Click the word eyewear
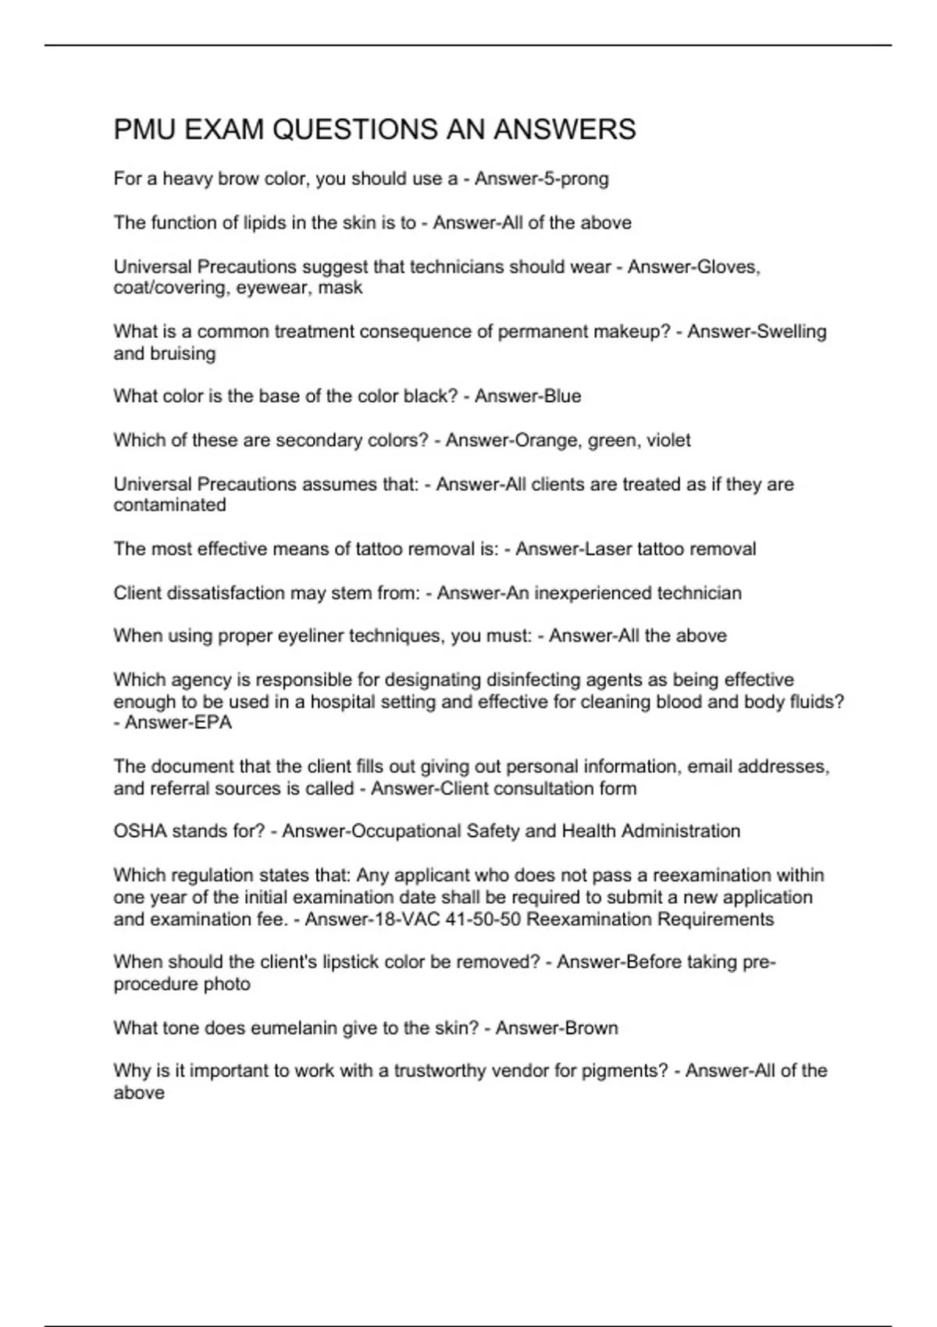[x=272, y=288]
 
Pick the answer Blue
[x=562, y=397]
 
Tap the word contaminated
[x=169, y=505]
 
